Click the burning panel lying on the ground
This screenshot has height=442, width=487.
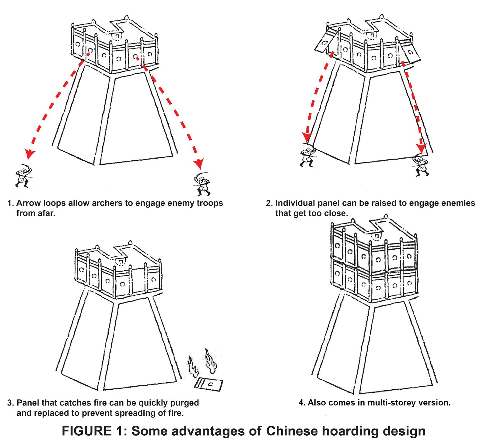(x=209, y=384)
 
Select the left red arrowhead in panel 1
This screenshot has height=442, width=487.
(x=30, y=154)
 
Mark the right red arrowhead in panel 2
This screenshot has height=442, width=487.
(x=422, y=148)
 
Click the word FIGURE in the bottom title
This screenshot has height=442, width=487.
(x=86, y=431)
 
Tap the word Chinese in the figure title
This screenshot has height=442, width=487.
(x=292, y=431)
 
